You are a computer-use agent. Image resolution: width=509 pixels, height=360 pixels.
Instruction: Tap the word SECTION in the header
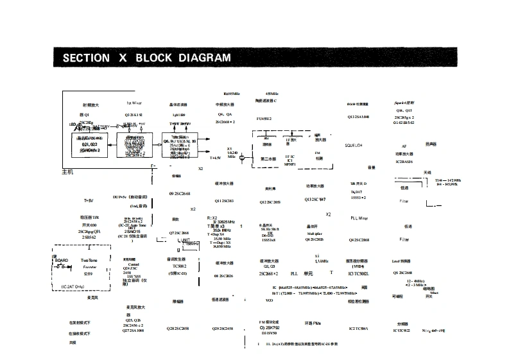click(x=86, y=58)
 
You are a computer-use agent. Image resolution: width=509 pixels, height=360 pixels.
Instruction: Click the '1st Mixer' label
click(x=134, y=103)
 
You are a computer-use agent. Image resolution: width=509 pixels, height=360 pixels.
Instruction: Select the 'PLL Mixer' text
click(x=359, y=218)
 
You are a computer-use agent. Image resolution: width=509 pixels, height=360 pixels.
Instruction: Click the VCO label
click(x=270, y=300)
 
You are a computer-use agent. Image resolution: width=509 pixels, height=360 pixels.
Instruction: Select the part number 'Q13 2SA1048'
click(x=358, y=117)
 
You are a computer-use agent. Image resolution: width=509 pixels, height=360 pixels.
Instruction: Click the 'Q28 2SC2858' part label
click(x=178, y=328)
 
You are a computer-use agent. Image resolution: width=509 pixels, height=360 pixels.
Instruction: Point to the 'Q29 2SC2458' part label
click(x=222, y=328)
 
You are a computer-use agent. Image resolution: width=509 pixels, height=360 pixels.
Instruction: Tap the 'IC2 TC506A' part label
click(x=358, y=328)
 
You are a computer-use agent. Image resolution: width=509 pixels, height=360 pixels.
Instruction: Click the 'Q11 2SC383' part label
click(x=224, y=201)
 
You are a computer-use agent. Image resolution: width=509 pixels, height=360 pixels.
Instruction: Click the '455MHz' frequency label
click(x=272, y=93)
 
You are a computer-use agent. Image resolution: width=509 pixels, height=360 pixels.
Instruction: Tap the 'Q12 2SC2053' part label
click(x=270, y=201)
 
